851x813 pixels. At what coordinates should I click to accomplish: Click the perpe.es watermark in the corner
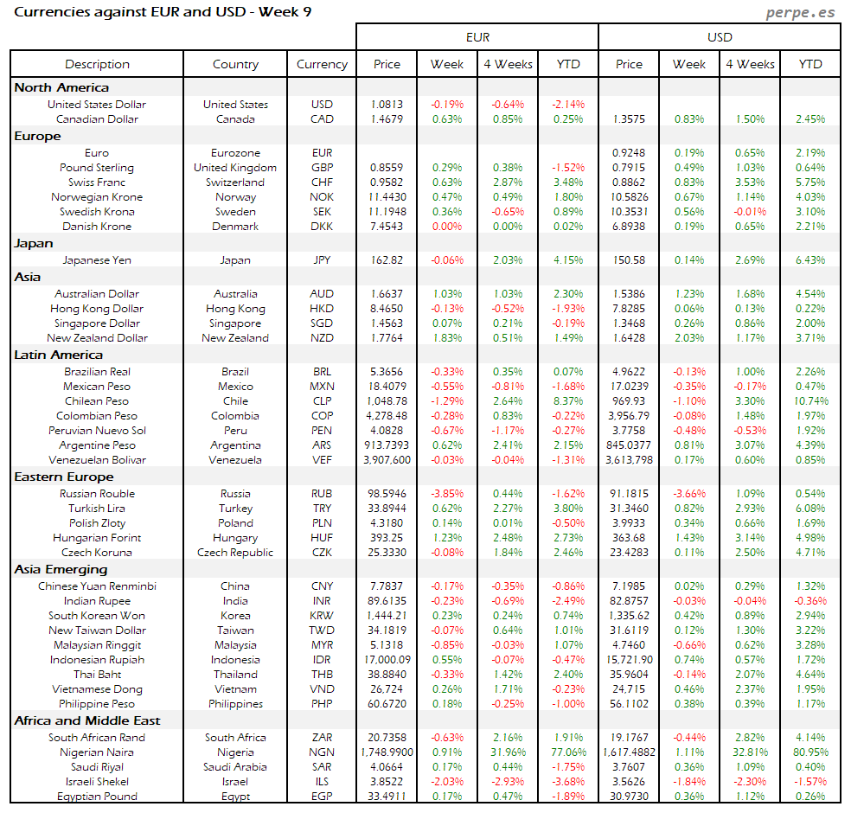tap(802, 13)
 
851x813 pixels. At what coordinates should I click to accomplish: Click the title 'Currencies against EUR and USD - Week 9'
tap(163, 12)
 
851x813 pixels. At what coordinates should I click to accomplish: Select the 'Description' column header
tap(97, 64)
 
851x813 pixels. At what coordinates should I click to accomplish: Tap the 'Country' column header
tap(235, 64)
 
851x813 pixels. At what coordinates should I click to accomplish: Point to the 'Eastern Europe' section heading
tap(63, 477)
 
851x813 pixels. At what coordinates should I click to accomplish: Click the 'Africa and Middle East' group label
tap(87, 720)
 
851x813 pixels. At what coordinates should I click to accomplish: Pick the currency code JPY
tap(322, 259)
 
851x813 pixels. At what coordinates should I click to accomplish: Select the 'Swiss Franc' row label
tap(97, 182)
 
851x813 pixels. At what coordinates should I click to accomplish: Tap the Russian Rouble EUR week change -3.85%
tap(447, 494)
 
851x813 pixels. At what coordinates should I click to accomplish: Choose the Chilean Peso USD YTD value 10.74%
tap(810, 401)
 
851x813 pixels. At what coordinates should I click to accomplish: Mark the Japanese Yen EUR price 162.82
tap(387, 259)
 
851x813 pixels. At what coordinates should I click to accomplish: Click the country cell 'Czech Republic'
tap(235, 553)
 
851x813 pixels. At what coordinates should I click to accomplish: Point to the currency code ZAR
tap(322, 738)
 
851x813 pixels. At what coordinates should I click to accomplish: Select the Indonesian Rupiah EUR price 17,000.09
tap(387, 660)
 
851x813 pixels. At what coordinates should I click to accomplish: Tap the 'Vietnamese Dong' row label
tap(97, 689)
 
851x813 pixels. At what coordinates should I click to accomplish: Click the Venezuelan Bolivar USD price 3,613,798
tap(629, 460)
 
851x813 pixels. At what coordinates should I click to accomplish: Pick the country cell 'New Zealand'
tap(235, 338)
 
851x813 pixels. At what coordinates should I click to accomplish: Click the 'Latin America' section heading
tap(58, 355)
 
